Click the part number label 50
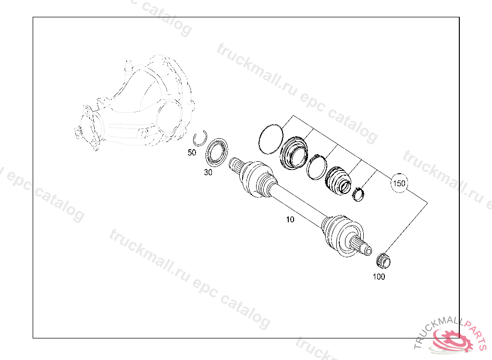(192, 153)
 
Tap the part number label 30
(208, 173)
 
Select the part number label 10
(290, 220)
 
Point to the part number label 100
(379, 276)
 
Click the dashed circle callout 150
(399, 183)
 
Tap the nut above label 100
(383, 260)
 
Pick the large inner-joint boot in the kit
(294, 153)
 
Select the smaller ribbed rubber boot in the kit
(339, 181)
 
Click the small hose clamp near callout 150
(358, 194)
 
